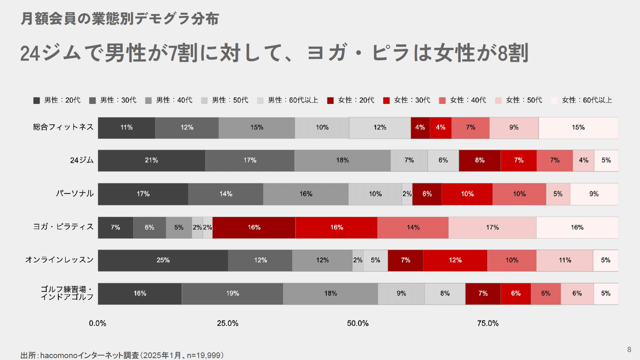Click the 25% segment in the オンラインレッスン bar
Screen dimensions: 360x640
(x=163, y=260)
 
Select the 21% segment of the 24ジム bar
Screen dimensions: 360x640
(x=151, y=161)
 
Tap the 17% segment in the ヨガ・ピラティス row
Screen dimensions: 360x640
(x=492, y=227)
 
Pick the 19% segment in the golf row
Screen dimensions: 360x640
(x=233, y=293)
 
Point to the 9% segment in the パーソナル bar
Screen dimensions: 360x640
(x=594, y=194)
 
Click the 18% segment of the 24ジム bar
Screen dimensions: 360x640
(x=342, y=161)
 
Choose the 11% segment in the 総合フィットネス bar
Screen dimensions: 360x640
(x=126, y=127)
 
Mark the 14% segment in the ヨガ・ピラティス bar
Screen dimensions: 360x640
(x=413, y=227)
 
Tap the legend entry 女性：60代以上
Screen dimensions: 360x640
(x=582, y=100)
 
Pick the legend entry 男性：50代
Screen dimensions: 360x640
(x=225, y=100)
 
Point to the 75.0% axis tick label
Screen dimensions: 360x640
(x=487, y=323)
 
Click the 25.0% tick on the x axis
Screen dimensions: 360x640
(x=228, y=323)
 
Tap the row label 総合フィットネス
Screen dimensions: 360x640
(x=63, y=127)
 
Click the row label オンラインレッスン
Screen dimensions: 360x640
(x=60, y=260)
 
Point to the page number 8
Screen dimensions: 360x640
(x=629, y=349)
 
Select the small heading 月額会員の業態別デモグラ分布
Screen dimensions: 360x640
(x=119, y=19)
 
